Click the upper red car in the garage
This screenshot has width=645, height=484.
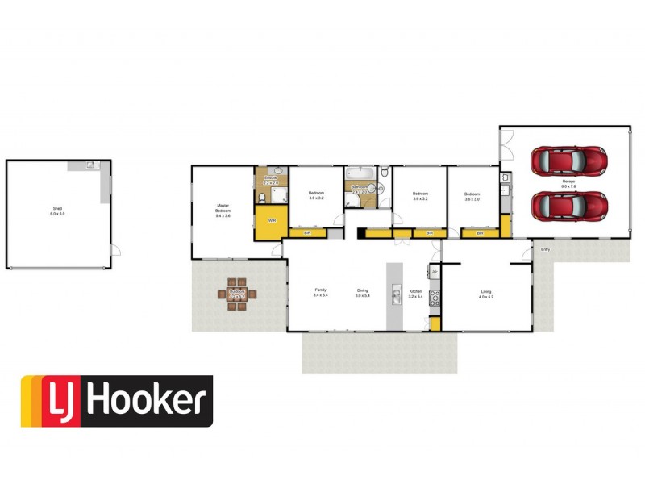(x=569, y=160)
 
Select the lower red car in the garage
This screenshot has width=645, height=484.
(x=569, y=205)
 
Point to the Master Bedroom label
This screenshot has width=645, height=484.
(x=223, y=211)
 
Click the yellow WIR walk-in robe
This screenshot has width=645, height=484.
(x=272, y=219)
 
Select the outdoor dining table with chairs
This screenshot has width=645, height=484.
(x=238, y=294)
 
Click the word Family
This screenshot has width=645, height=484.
(x=320, y=290)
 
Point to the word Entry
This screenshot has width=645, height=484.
(x=546, y=248)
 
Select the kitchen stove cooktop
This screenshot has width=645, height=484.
(x=435, y=297)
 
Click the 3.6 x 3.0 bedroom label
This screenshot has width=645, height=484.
(x=472, y=196)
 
